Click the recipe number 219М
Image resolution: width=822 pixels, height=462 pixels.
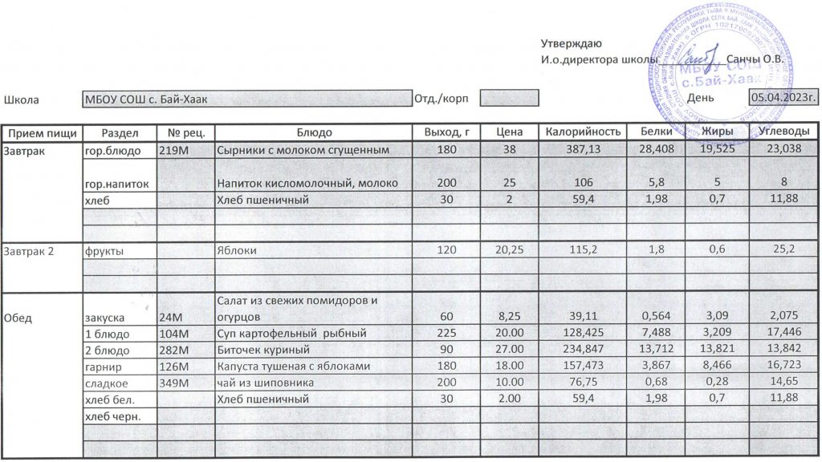(x=174, y=150)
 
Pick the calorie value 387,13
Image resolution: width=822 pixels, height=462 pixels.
(x=584, y=150)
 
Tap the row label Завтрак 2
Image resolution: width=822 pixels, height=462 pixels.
(x=29, y=251)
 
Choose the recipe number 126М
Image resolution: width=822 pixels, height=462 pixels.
(x=174, y=367)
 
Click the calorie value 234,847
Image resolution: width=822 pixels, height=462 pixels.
(x=584, y=350)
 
